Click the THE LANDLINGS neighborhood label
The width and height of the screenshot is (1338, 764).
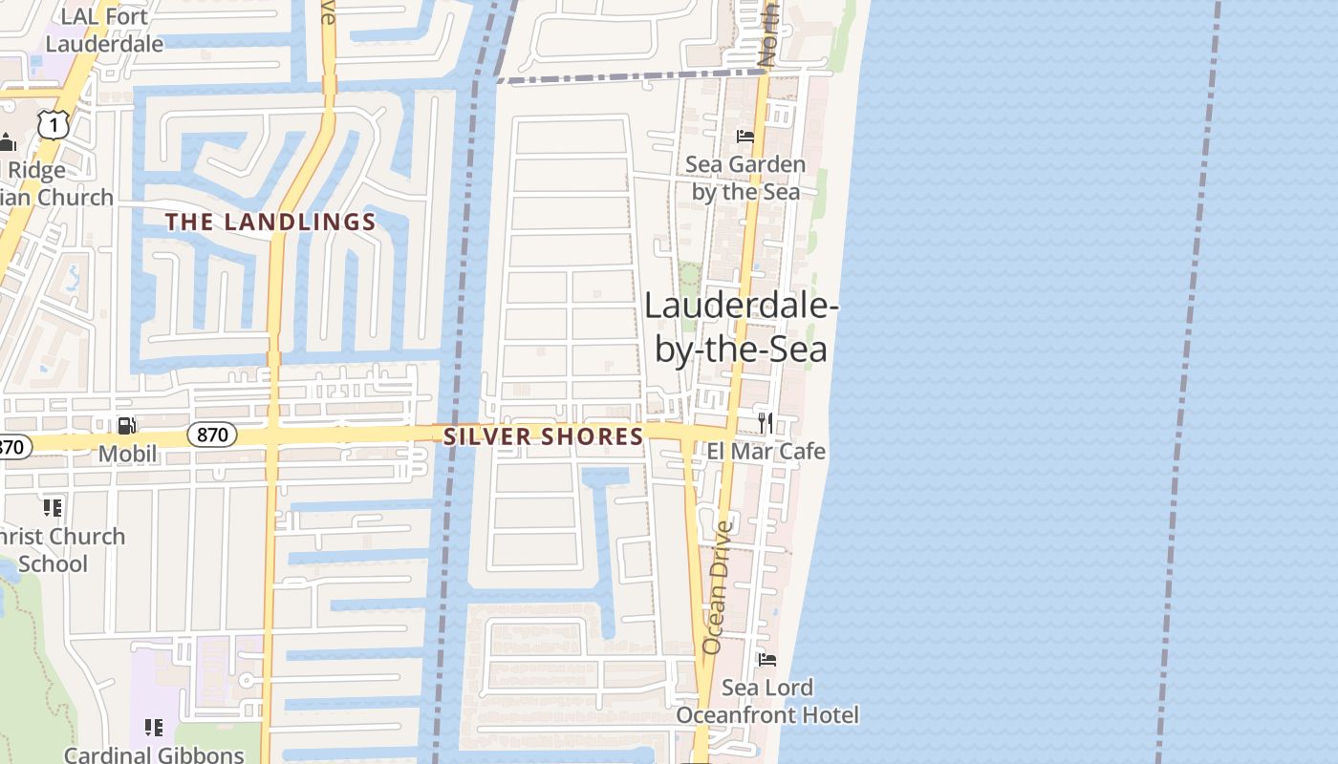(x=270, y=223)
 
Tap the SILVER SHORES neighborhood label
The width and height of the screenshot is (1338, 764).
(x=543, y=437)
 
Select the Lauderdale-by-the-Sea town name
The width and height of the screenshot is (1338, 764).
(x=741, y=328)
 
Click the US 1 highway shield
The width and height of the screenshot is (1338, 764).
(x=54, y=124)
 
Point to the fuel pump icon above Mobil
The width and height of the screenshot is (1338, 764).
(x=126, y=426)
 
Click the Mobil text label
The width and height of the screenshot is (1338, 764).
(x=128, y=454)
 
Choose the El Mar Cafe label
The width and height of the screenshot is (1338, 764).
(x=766, y=451)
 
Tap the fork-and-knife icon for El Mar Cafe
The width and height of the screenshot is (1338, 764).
(x=765, y=422)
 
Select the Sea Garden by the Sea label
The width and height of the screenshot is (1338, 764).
(x=745, y=178)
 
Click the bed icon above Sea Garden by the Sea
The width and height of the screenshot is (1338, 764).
(x=745, y=137)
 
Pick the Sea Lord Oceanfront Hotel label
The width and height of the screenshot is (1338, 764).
(x=767, y=701)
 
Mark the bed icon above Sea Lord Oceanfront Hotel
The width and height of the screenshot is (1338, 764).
(x=766, y=659)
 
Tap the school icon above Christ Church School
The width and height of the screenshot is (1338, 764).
(x=52, y=507)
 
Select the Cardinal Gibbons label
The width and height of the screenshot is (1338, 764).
(x=154, y=754)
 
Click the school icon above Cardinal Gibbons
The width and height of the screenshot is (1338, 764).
(x=153, y=728)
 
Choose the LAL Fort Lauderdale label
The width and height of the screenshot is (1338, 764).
(x=104, y=30)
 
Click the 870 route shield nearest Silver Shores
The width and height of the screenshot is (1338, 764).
(x=211, y=435)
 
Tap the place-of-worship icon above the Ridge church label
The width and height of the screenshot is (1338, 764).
(x=8, y=143)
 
